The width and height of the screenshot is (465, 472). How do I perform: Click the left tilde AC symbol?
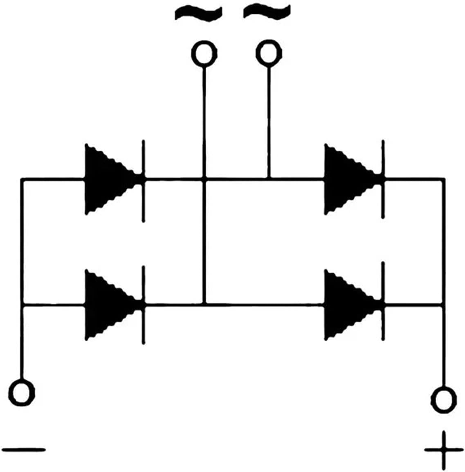(199, 13)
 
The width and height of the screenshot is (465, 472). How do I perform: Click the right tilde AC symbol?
(267, 11)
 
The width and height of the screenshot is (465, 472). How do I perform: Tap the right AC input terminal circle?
(269, 52)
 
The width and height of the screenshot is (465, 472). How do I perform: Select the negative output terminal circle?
(22, 392)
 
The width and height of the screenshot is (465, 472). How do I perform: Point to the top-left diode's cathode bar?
(143, 180)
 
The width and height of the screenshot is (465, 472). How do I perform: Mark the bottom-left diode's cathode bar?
(143, 305)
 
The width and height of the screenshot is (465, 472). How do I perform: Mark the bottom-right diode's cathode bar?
(383, 303)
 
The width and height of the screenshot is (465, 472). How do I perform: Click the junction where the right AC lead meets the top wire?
(269, 179)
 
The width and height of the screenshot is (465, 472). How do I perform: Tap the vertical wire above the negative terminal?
(22, 344)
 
